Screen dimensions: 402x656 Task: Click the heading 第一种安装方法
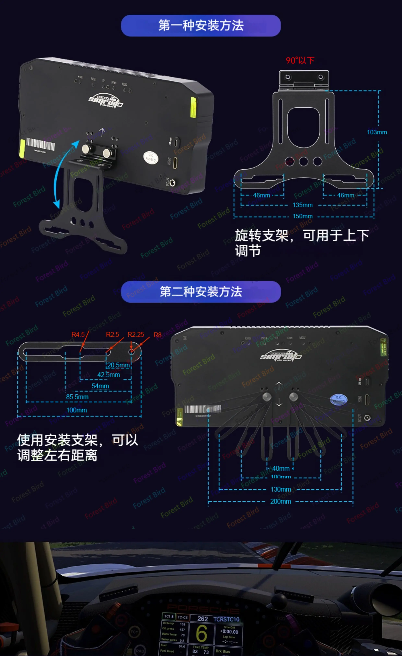(201, 26)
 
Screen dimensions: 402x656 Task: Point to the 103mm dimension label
(377, 132)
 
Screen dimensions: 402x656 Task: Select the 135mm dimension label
(302, 205)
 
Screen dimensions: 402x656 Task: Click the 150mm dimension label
(302, 216)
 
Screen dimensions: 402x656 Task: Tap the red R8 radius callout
(158, 335)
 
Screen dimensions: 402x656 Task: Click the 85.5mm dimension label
(77, 397)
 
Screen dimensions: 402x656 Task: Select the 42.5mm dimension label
(109, 375)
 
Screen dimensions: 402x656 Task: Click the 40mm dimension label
(281, 468)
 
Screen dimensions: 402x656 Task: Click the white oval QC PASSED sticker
(151, 158)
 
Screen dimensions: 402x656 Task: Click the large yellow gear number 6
(201, 633)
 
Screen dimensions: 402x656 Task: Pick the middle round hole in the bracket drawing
(303, 161)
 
